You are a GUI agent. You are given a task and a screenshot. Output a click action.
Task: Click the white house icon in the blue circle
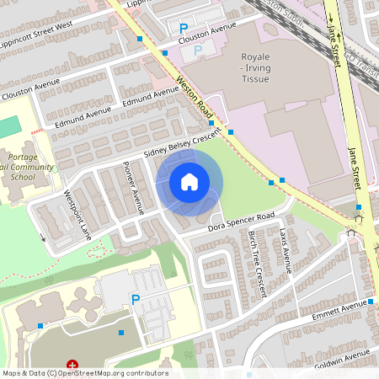click(189, 181)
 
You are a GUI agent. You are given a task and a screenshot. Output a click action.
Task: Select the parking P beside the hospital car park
click(135, 299)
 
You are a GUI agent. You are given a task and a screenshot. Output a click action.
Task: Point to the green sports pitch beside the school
click(8, 127)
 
